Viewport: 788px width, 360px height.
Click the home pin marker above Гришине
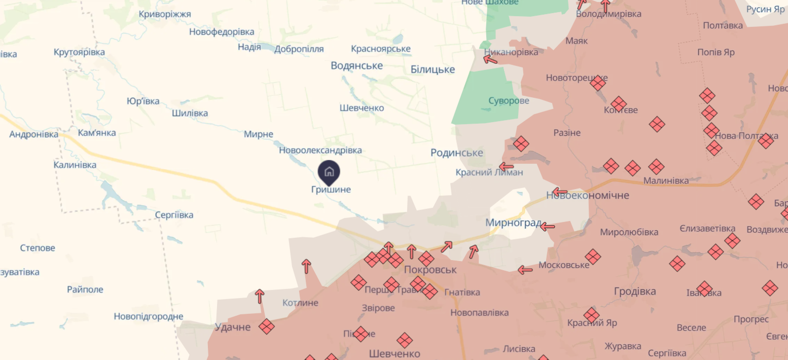tap(329, 172)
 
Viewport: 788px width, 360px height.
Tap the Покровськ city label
tap(431, 270)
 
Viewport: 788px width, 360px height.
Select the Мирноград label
tap(513, 223)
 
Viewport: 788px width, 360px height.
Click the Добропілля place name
tap(299, 49)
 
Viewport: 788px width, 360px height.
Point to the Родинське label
tap(456, 153)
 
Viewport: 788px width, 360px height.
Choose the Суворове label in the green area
tap(509, 100)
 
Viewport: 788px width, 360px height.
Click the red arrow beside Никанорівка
tap(490, 59)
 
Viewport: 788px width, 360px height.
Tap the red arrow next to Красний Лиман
tap(506, 166)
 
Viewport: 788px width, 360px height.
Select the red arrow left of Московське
tap(525, 270)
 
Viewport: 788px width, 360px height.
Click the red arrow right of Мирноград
tap(547, 227)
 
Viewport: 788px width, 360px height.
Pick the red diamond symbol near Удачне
tap(267, 326)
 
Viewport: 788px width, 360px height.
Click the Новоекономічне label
tap(588, 195)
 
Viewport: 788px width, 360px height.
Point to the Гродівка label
tap(634, 291)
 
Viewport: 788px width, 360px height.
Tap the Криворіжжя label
tap(165, 14)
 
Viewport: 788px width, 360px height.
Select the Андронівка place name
tap(34, 134)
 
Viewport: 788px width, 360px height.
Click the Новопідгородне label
tap(148, 316)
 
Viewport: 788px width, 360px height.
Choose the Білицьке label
tap(433, 69)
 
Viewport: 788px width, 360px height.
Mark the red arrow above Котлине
tap(260, 296)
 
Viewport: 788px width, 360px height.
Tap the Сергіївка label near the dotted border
tap(174, 215)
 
